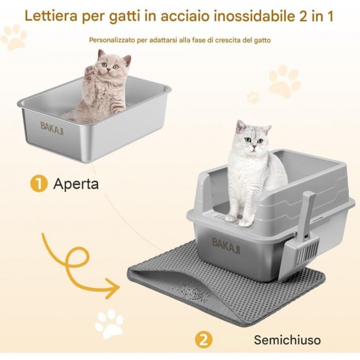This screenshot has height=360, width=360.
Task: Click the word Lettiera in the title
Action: pyautogui.click(x=51, y=16)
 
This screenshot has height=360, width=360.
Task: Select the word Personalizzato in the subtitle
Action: pyautogui.click(x=112, y=40)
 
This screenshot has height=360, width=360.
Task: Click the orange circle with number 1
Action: pyautogui.click(x=39, y=184)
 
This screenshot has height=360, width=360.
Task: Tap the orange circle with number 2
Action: pyautogui.click(x=204, y=340)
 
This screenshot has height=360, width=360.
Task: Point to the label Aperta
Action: pyautogui.click(x=76, y=185)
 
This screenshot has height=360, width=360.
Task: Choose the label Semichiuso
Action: pyautogui.click(x=287, y=340)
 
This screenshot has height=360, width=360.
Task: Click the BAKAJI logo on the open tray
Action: pyautogui.click(x=52, y=128)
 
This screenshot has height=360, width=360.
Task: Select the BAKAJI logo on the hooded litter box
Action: pyautogui.click(x=226, y=245)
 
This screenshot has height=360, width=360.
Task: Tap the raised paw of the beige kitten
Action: pyautogui.click(x=90, y=71)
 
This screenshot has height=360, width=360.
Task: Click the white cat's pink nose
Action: pyautogui.click(x=254, y=146)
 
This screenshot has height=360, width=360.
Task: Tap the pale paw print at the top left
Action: pyautogui.click(x=14, y=37)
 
